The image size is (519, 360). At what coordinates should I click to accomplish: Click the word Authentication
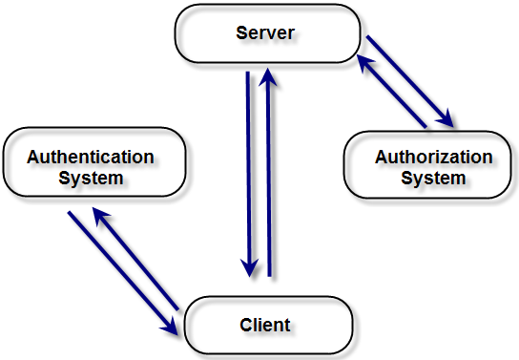click(x=91, y=157)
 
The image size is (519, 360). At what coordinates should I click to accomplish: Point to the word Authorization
click(x=434, y=157)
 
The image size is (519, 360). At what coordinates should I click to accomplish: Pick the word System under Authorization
click(x=433, y=178)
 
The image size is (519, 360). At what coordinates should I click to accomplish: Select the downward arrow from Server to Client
click(x=249, y=172)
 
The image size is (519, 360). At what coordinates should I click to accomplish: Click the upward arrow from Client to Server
click(x=270, y=172)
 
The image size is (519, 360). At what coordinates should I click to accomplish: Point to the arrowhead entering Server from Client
click(x=270, y=74)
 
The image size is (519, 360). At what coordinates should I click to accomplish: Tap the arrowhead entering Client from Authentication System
click(x=171, y=327)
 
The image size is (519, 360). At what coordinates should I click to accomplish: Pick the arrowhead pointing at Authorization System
click(x=446, y=119)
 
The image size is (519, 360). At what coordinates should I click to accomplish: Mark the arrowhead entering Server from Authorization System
click(x=363, y=61)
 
